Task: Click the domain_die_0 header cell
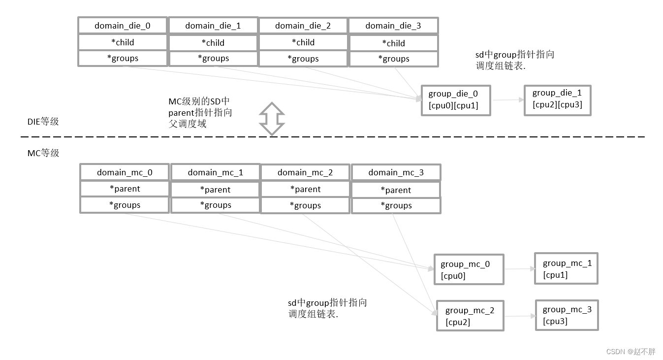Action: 123,26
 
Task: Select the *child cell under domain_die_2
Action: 303,42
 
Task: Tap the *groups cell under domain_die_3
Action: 393,59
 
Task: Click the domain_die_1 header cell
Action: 213,26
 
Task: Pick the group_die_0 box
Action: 456,100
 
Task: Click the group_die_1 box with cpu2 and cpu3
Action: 557,100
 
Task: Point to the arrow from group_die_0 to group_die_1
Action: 507,100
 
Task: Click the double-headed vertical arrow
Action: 272,119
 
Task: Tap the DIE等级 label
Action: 43,122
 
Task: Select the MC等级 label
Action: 43,153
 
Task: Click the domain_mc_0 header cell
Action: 125,172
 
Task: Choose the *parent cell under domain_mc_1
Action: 215,190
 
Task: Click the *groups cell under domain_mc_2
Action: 305,205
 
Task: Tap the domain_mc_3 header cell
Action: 396,172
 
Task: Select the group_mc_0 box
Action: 469,269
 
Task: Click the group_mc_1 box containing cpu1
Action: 566,269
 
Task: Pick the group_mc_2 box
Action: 470,316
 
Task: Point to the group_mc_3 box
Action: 567,315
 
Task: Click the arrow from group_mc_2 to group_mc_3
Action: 520,316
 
